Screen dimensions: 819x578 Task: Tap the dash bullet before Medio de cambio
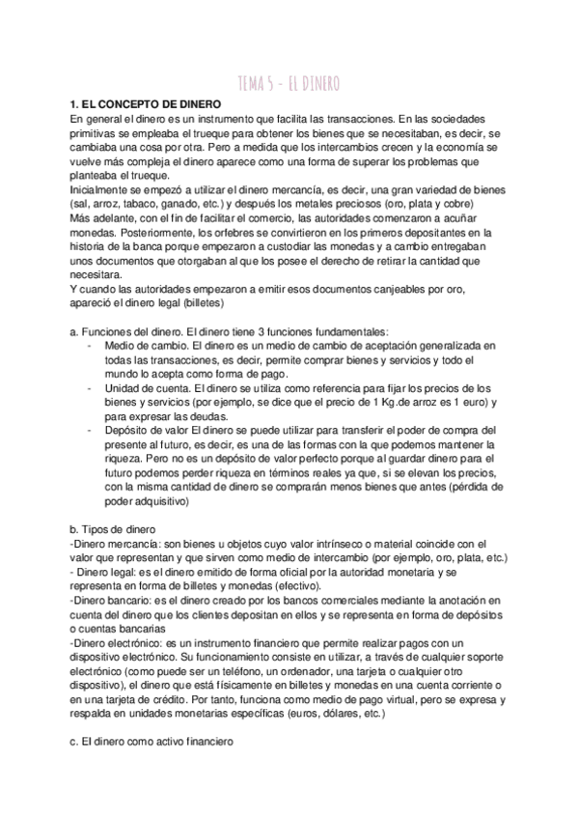(90, 345)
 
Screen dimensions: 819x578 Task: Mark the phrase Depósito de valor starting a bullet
(146, 430)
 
